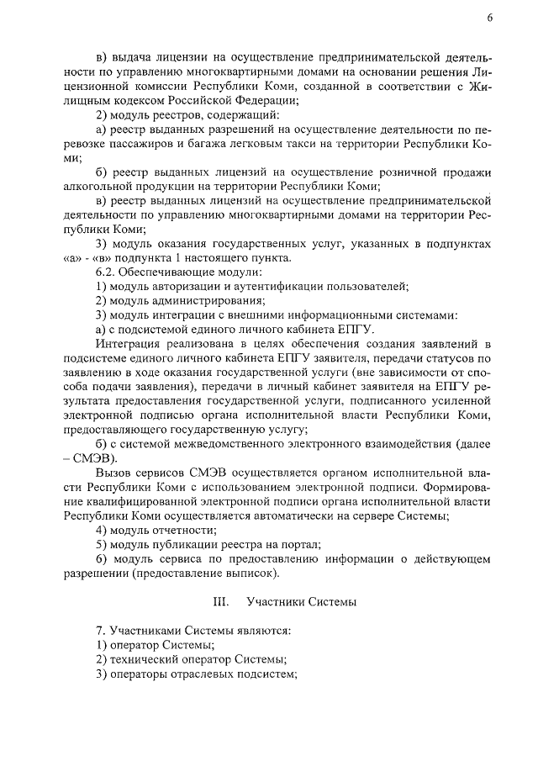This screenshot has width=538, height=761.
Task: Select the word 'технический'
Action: (x=142, y=659)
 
